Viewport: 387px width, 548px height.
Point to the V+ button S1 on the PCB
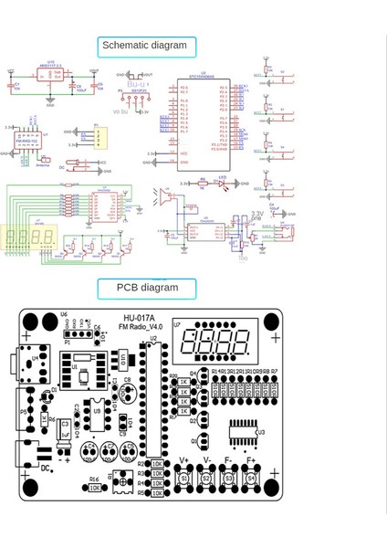point(184,478)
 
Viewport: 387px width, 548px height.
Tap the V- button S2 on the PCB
point(206,478)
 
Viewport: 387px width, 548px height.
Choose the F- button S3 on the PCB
point(229,478)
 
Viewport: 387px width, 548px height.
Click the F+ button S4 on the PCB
point(252,478)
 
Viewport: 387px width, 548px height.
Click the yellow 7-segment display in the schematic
point(29,237)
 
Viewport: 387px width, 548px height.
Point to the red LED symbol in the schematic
point(222,184)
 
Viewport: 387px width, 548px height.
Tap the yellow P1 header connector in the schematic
point(98,137)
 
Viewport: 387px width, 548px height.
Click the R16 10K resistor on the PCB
point(95,488)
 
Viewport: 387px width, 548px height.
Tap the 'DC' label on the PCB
point(47,469)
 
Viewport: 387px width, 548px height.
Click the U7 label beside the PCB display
point(177,324)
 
